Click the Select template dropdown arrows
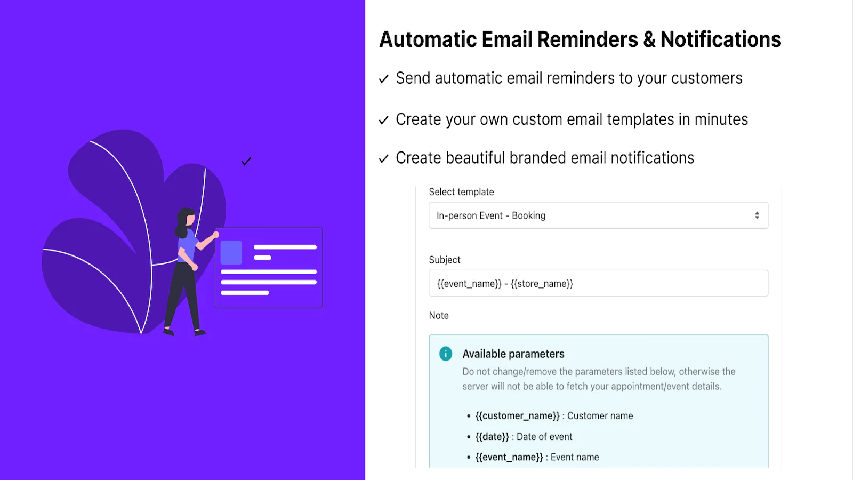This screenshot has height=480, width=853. tap(757, 215)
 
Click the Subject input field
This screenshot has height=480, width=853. tap(598, 283)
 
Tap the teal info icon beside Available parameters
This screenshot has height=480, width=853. tap(446, 354)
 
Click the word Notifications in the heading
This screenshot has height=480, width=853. tap(720, 39)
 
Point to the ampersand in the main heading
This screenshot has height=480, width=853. tap(649, 39)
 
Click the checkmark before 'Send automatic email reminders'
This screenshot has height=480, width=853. tap(384, 79)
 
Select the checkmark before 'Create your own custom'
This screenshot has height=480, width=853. tap(384, 120)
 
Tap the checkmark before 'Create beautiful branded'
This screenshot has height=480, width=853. tap(384, 158)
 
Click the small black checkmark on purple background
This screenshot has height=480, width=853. tap(246, 162)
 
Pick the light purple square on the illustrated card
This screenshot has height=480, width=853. tap(231, 252)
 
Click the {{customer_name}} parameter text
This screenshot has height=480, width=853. tap(517, 415)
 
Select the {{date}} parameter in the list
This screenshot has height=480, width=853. tap(492, 437)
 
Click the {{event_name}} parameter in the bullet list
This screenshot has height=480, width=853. tap(509, 457)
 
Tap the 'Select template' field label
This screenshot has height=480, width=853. tap(461, 192)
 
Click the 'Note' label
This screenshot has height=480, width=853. tap(439, 315)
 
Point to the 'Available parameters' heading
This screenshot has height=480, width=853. tap(513, 354)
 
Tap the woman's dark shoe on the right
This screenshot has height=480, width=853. tap(200, 333)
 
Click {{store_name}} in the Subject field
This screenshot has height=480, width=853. tap(542, 284)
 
